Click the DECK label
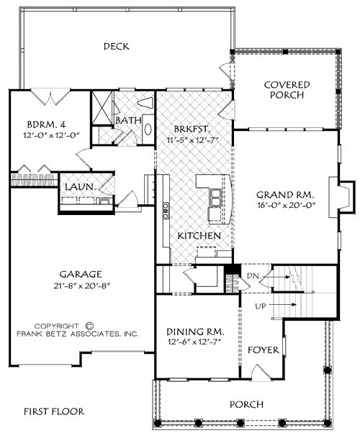click(116, 47)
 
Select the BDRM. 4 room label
click(33, 122)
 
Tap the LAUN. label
click(78, 187)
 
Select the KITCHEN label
click(199, 236)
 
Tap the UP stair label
click(263, 306)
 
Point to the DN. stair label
click(254, 275)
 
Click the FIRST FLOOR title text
click(54, 412)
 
